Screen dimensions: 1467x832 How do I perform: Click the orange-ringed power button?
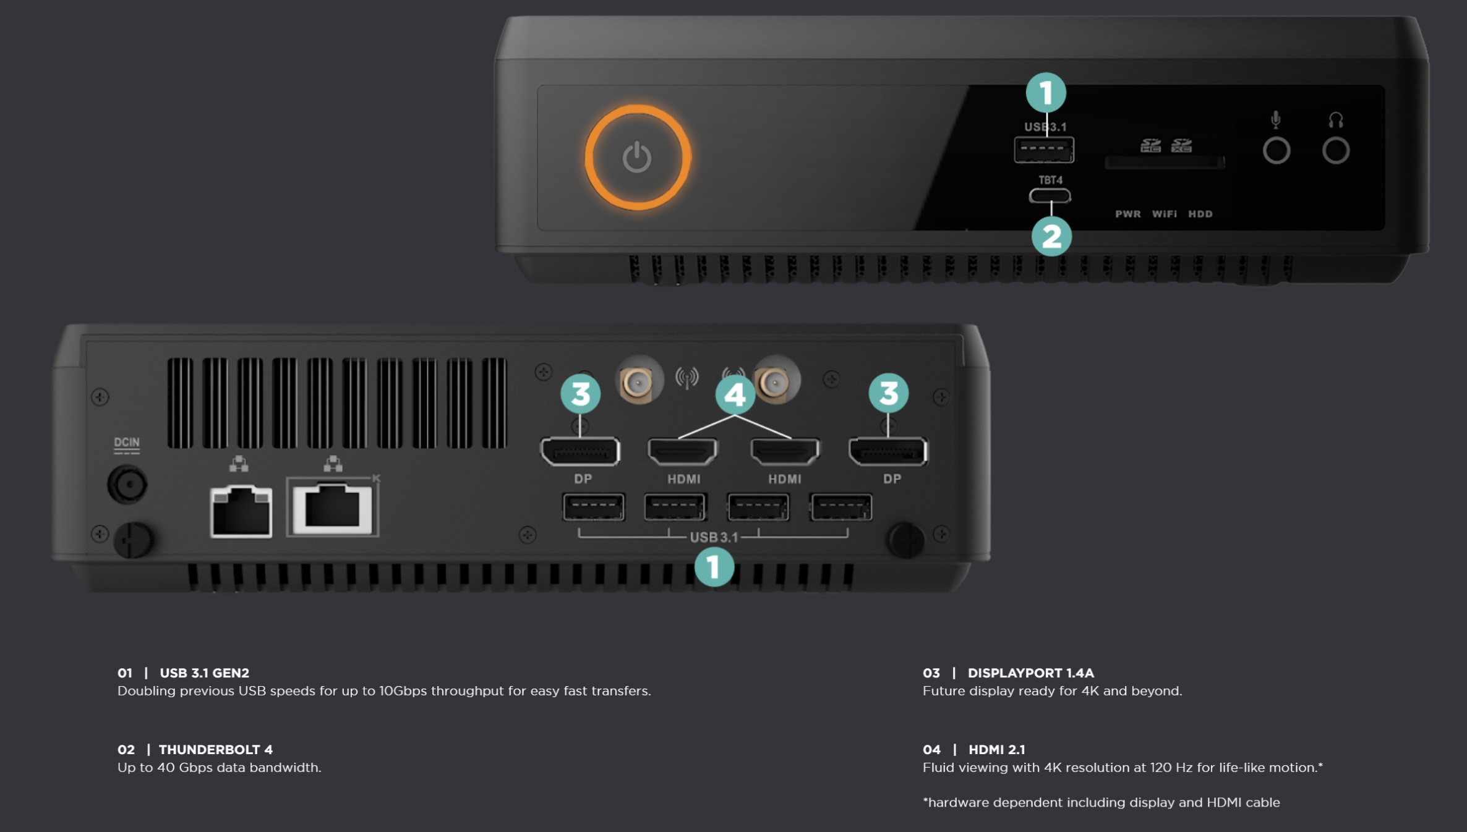[x=638, y=157]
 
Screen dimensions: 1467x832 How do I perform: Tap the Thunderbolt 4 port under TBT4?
[x=1050, y=196]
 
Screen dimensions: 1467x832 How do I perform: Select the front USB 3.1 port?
[x=1044, y=150]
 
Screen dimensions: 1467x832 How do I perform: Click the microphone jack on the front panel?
[x=1277, y=150]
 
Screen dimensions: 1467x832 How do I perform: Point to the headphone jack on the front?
[x=1336, y=150]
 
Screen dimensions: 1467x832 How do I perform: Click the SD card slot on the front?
[x=1165, y=163]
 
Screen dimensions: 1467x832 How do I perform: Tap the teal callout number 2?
[x=1051, y=236]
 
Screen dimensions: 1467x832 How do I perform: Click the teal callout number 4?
[x=735, y=394]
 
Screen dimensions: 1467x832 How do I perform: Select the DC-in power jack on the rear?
[x=127, y=484]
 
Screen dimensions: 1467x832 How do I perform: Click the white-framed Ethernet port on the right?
[x=333, y=508]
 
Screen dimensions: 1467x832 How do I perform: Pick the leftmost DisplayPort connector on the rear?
[x=580, y=451]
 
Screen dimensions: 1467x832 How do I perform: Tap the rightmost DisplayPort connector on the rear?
[x=888, y=451]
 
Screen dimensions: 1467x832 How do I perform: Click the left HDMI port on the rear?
[x=683, y=451]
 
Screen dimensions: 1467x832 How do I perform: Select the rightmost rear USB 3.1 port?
[x=841, y=507]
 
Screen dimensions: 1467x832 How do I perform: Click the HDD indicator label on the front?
[x=1200, y=214]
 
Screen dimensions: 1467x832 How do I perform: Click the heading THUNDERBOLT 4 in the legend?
[x=216, y=749]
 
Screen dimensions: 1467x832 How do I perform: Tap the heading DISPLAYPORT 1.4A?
[x=1031, y=673]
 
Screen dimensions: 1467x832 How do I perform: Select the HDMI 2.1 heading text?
[x=997, y=749]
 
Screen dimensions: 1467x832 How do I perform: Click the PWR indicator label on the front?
[x=1128, y=214]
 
